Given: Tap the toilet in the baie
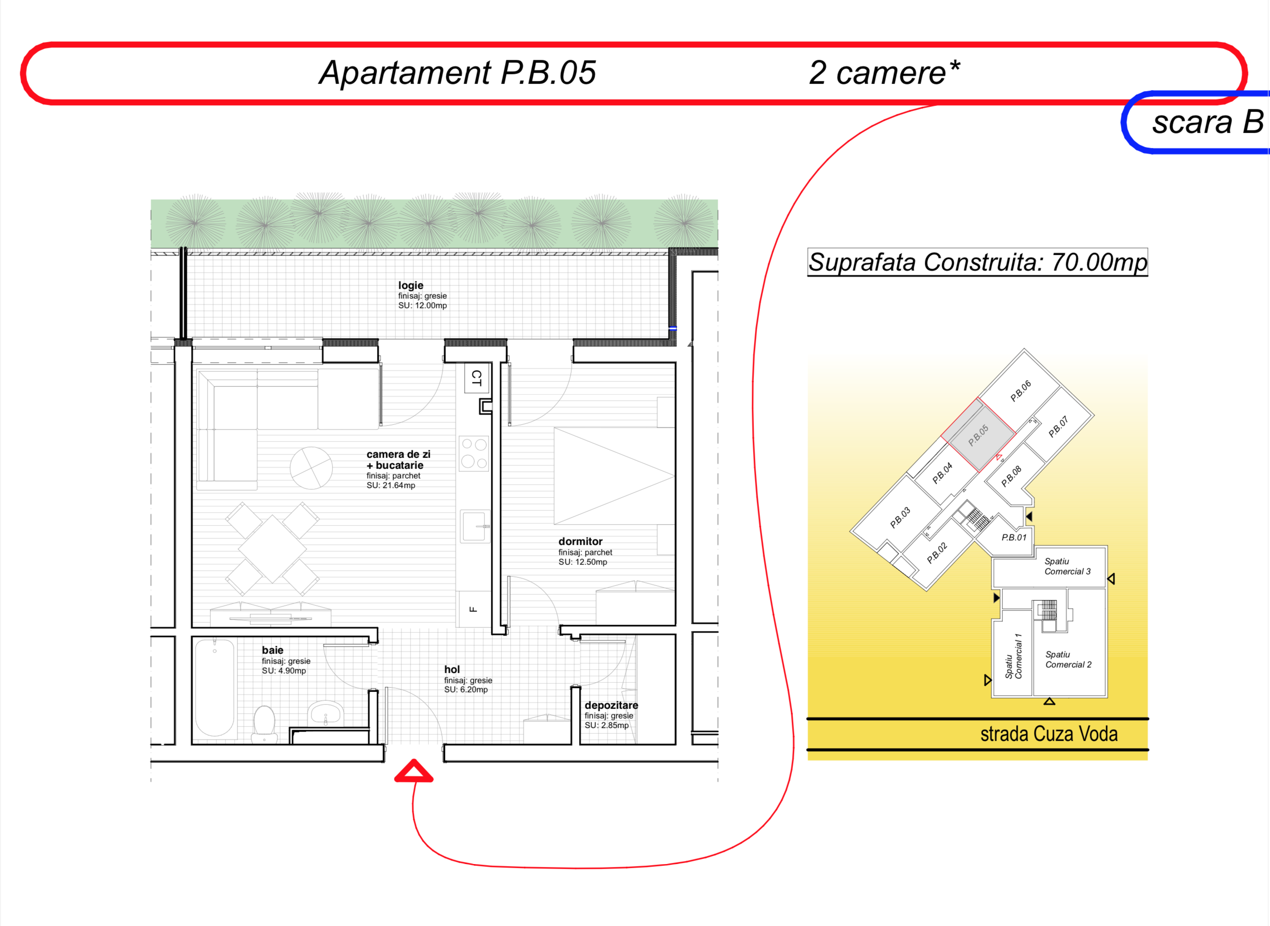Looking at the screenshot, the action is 264,723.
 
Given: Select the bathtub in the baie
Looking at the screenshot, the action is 215,688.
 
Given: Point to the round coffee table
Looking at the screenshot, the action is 311,468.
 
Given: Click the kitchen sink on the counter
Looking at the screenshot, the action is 474,526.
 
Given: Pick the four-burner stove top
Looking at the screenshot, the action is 474,453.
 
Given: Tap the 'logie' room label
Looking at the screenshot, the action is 411,285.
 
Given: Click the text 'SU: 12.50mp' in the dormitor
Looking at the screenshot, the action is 583,562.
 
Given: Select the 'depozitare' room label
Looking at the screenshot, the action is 611,705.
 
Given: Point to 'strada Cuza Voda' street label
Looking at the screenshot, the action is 1049,734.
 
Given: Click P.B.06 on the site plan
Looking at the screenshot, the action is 1021,390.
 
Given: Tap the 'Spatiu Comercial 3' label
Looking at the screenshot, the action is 1068,566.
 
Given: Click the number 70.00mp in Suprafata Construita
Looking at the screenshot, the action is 1099,262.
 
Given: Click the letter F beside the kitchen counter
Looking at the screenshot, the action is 473,609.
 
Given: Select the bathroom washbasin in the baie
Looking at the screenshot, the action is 326,713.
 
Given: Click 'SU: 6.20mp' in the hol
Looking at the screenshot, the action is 466,690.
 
